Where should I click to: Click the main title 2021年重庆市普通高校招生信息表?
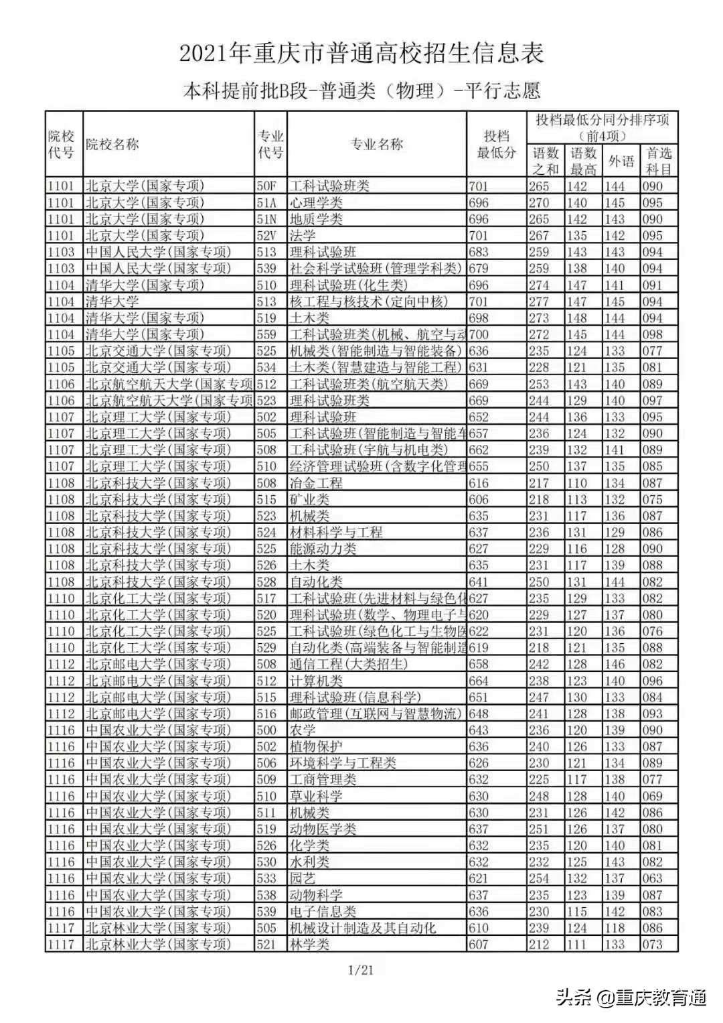(361, 54)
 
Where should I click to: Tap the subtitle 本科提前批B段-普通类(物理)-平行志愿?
(361, 90)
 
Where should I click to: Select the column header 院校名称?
(112, 144)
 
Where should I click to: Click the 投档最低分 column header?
(496, 144)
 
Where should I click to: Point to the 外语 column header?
(621, 161)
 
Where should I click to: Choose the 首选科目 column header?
(659, 161)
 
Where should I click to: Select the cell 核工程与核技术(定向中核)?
(368, 301)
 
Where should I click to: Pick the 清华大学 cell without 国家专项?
(112, 301)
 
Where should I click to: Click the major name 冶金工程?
(315, 483)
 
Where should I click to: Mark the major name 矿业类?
(309, 499)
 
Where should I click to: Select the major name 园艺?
(302, 878)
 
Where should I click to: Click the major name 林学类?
(309, 944)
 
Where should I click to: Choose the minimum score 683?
(479, 252)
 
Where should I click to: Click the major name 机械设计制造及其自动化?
(362, 928)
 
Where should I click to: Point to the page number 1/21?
(361, 969)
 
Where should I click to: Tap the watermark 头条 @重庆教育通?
(631, 998)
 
